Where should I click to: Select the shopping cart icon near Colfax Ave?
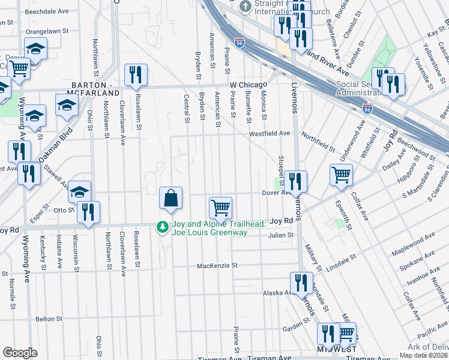coord(341,175)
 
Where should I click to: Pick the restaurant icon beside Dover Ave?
coord(295,181)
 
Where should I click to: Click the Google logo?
coord(20,353)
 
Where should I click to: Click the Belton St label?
coord(49,319)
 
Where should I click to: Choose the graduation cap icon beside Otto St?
coord(79,191)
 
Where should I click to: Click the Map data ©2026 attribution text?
coord(423,355)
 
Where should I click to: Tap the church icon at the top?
coord(245,7)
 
